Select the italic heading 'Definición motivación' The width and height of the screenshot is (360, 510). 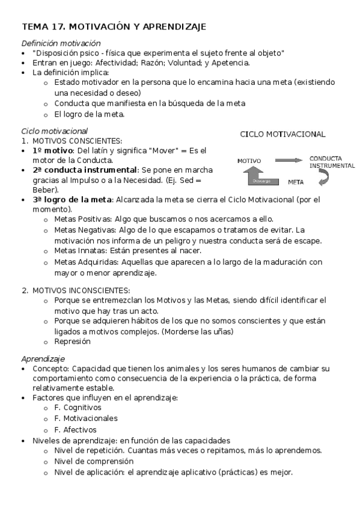pyautogui.click(x=61, y=43)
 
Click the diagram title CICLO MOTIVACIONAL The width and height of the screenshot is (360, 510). pyautogui.click(x=282, y=134)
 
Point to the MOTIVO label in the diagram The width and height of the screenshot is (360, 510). pyautogui.click(x=249, y=161)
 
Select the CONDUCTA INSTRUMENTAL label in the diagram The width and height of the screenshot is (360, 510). pyautogui.click(x=331, y=162)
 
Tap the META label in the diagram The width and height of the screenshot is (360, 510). pyautogui.click(x=296, y=181)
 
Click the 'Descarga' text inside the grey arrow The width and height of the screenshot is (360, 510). pyautogui.click(x=261, y=180)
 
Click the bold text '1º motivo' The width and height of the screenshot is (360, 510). pyautogui.click(x=53, y=150)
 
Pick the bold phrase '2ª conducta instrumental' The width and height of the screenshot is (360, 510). pyautogui.click(x=85, y=170)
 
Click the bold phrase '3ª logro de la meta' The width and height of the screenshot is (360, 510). pyautogui.click(x=72, y=200)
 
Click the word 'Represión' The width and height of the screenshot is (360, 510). pyautogui.click(x=72, y=341)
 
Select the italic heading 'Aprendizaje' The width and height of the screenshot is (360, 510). pyautogui.click(x=43, y=358)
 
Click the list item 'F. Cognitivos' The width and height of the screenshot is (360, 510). pyautogui.click(x=78, y=407)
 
